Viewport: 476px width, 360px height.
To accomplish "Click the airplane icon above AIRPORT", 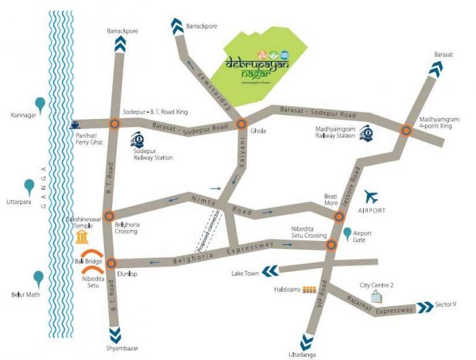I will [371, 197].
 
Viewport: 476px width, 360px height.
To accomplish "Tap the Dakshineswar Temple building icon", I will [82, 236].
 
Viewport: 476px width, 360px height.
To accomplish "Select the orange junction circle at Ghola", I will [241, 125].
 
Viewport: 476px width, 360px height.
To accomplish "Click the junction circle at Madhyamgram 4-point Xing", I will [406, 131].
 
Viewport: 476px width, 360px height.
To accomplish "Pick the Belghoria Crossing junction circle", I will [109, 216].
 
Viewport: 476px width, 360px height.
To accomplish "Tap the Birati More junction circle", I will [339, 216].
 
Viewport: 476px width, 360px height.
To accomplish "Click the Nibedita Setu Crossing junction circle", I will [331, 245].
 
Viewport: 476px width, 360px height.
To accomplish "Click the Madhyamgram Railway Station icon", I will [366, 132].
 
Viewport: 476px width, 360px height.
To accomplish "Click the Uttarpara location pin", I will [29, 186].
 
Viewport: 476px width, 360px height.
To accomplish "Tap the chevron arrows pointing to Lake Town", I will [270, 272].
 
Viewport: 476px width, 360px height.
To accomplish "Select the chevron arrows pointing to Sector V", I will [425, 308].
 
